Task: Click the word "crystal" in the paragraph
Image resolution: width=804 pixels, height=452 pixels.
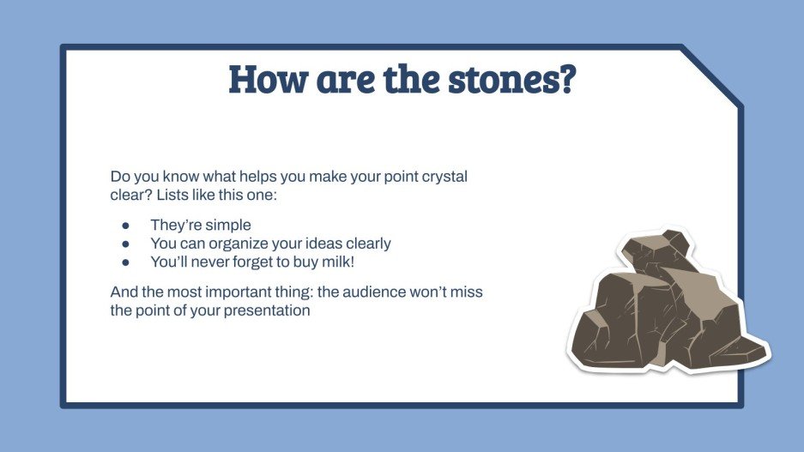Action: tap(444, 177)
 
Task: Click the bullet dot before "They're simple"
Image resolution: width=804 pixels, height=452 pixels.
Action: tap(125, 226)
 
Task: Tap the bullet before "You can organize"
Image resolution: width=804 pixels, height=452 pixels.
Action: tap(125, 244)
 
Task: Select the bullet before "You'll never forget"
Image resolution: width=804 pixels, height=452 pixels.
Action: tap(125, 262)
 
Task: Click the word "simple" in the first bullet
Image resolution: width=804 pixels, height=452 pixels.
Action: tap(228, 226)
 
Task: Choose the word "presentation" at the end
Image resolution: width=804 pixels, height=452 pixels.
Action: tap(267, 310)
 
